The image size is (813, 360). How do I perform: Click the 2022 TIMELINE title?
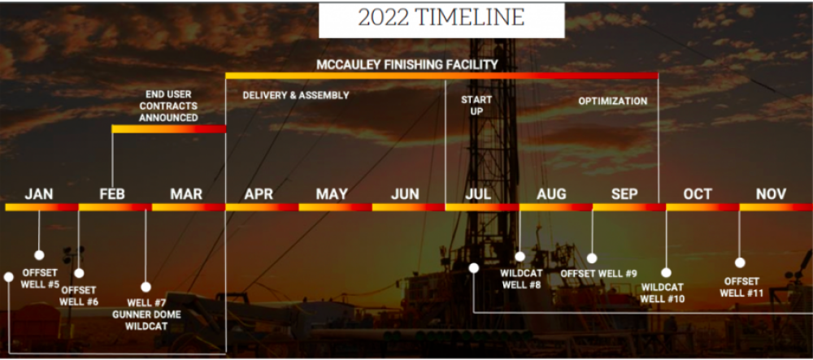(x=441, y=18)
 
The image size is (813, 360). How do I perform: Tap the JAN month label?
(x=39, y=194)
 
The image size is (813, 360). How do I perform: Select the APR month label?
(x=259, y=194)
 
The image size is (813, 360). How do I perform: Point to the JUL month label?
(x=478, y=194)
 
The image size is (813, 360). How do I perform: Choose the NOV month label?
(x=771, y=194)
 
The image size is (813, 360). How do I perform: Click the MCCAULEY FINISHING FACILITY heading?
(x=407, y=64)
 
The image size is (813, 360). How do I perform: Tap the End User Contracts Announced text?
(x=168, y=106)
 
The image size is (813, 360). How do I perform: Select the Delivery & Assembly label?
(x=296, y=95)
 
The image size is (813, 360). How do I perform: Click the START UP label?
(x=476, y=105)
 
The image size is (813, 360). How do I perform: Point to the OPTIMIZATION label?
(x=613, y=101)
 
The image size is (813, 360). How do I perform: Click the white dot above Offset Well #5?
(x=39, y=255)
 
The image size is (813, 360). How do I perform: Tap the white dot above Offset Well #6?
(x=79, y=273)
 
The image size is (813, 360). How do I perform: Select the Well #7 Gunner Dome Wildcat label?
(x=146, y=314)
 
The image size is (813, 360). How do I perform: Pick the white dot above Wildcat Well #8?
(x=520, y=257)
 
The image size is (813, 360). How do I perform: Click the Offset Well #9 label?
(x=599, y=274)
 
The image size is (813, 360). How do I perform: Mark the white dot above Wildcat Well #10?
(x=667, y=272)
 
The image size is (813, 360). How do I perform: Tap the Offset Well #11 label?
(x=741, y=288)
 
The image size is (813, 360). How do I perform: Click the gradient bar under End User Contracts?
(x=169, y=129)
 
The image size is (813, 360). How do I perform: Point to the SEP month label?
(x=624, y=194)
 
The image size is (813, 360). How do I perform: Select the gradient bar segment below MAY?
(x=336, y=207)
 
